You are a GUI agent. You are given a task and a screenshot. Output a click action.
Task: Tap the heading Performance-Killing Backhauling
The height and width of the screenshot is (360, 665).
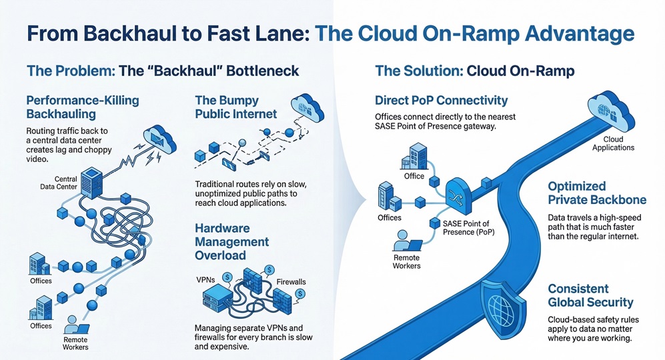(82, 107)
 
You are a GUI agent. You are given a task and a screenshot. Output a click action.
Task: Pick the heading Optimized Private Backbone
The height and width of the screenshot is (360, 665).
(597, 193)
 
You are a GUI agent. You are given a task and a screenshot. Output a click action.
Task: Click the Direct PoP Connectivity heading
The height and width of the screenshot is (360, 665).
(441, 101)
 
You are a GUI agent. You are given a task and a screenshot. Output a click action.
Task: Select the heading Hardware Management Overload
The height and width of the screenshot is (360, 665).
(231, 241)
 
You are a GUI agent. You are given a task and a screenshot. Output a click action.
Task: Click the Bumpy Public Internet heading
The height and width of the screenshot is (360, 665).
(235, 107)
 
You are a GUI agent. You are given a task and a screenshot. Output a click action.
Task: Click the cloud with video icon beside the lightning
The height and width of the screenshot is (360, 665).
(159, 139)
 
